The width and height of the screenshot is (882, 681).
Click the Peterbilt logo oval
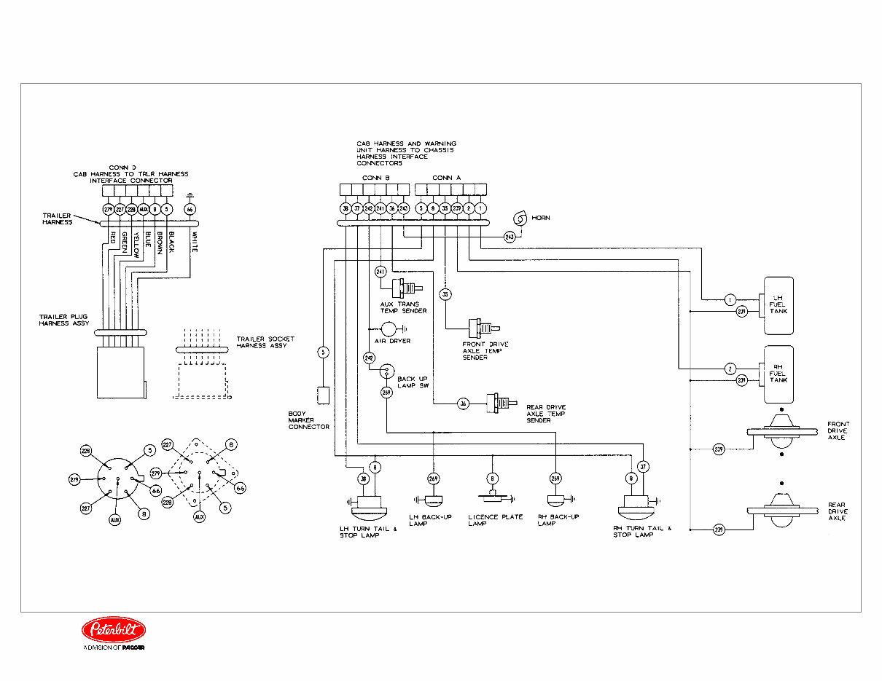tap(113, 630)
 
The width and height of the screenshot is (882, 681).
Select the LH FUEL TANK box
tap(778, 306)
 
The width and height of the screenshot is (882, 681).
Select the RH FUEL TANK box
tap(778, 374)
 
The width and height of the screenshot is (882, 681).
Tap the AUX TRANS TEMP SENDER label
tap(403, 307)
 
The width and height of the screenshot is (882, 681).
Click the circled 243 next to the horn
tap(509, 237)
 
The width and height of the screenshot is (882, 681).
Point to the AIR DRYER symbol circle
tap(389, 329)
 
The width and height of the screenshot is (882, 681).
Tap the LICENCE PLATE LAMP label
tap(496, 520)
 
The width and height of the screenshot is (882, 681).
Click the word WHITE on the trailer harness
tap(194, 242)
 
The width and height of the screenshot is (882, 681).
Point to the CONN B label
tap(376, 178)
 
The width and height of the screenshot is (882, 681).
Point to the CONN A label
tap(446, 178)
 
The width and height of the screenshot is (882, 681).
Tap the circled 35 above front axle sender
tap(445, 294)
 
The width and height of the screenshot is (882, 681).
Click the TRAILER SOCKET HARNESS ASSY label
tap(262, 342)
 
